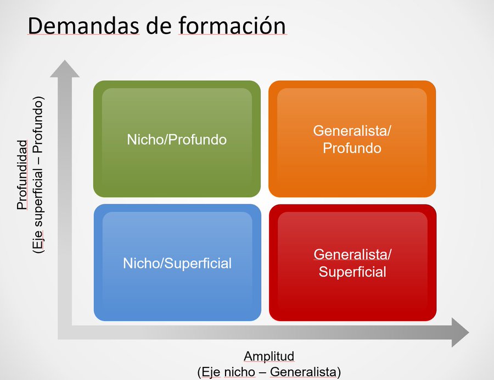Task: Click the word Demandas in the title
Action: pyautogui.click(x=83, y=25)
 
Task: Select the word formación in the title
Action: pyautogui.click(x=233, y=25)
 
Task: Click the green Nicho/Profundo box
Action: pyautogui.click(x=177, y=139)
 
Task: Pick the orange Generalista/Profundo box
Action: pyautogui.click(x=352, y=139)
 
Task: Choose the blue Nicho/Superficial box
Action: pyautogui.click(x=177, y=263)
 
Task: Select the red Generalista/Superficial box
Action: pyautogui.click(x=353, y=263)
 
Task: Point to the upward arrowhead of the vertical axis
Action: pyautogui.click(x=65, y=69)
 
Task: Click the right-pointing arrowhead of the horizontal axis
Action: pyautogui.click(x=461, y=332)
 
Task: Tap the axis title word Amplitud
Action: pyautogui.click(x=269, y=356)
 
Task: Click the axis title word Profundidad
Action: pyautogui.click(x=22, y=175)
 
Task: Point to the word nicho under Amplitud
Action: pyautogui.click(x=239, y=372)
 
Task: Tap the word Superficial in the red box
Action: pyautogui.click(x=352, y=272)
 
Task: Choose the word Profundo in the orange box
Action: pyautogui.click(x=352, y=148)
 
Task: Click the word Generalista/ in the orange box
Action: pyautogui.click(x=352, y=131)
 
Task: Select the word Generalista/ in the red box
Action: pyautogui.click(x=352, y=255)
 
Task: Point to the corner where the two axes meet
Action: pyautogui.click(x=65, y=332)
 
